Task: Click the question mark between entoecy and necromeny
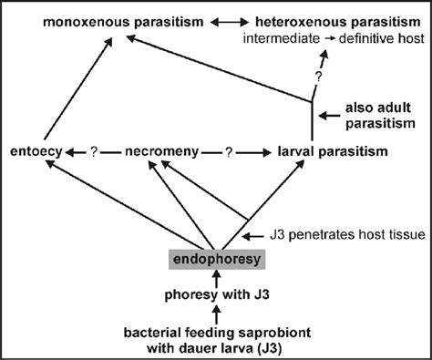click(93, 150)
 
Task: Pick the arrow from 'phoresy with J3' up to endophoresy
click(214, 276)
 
